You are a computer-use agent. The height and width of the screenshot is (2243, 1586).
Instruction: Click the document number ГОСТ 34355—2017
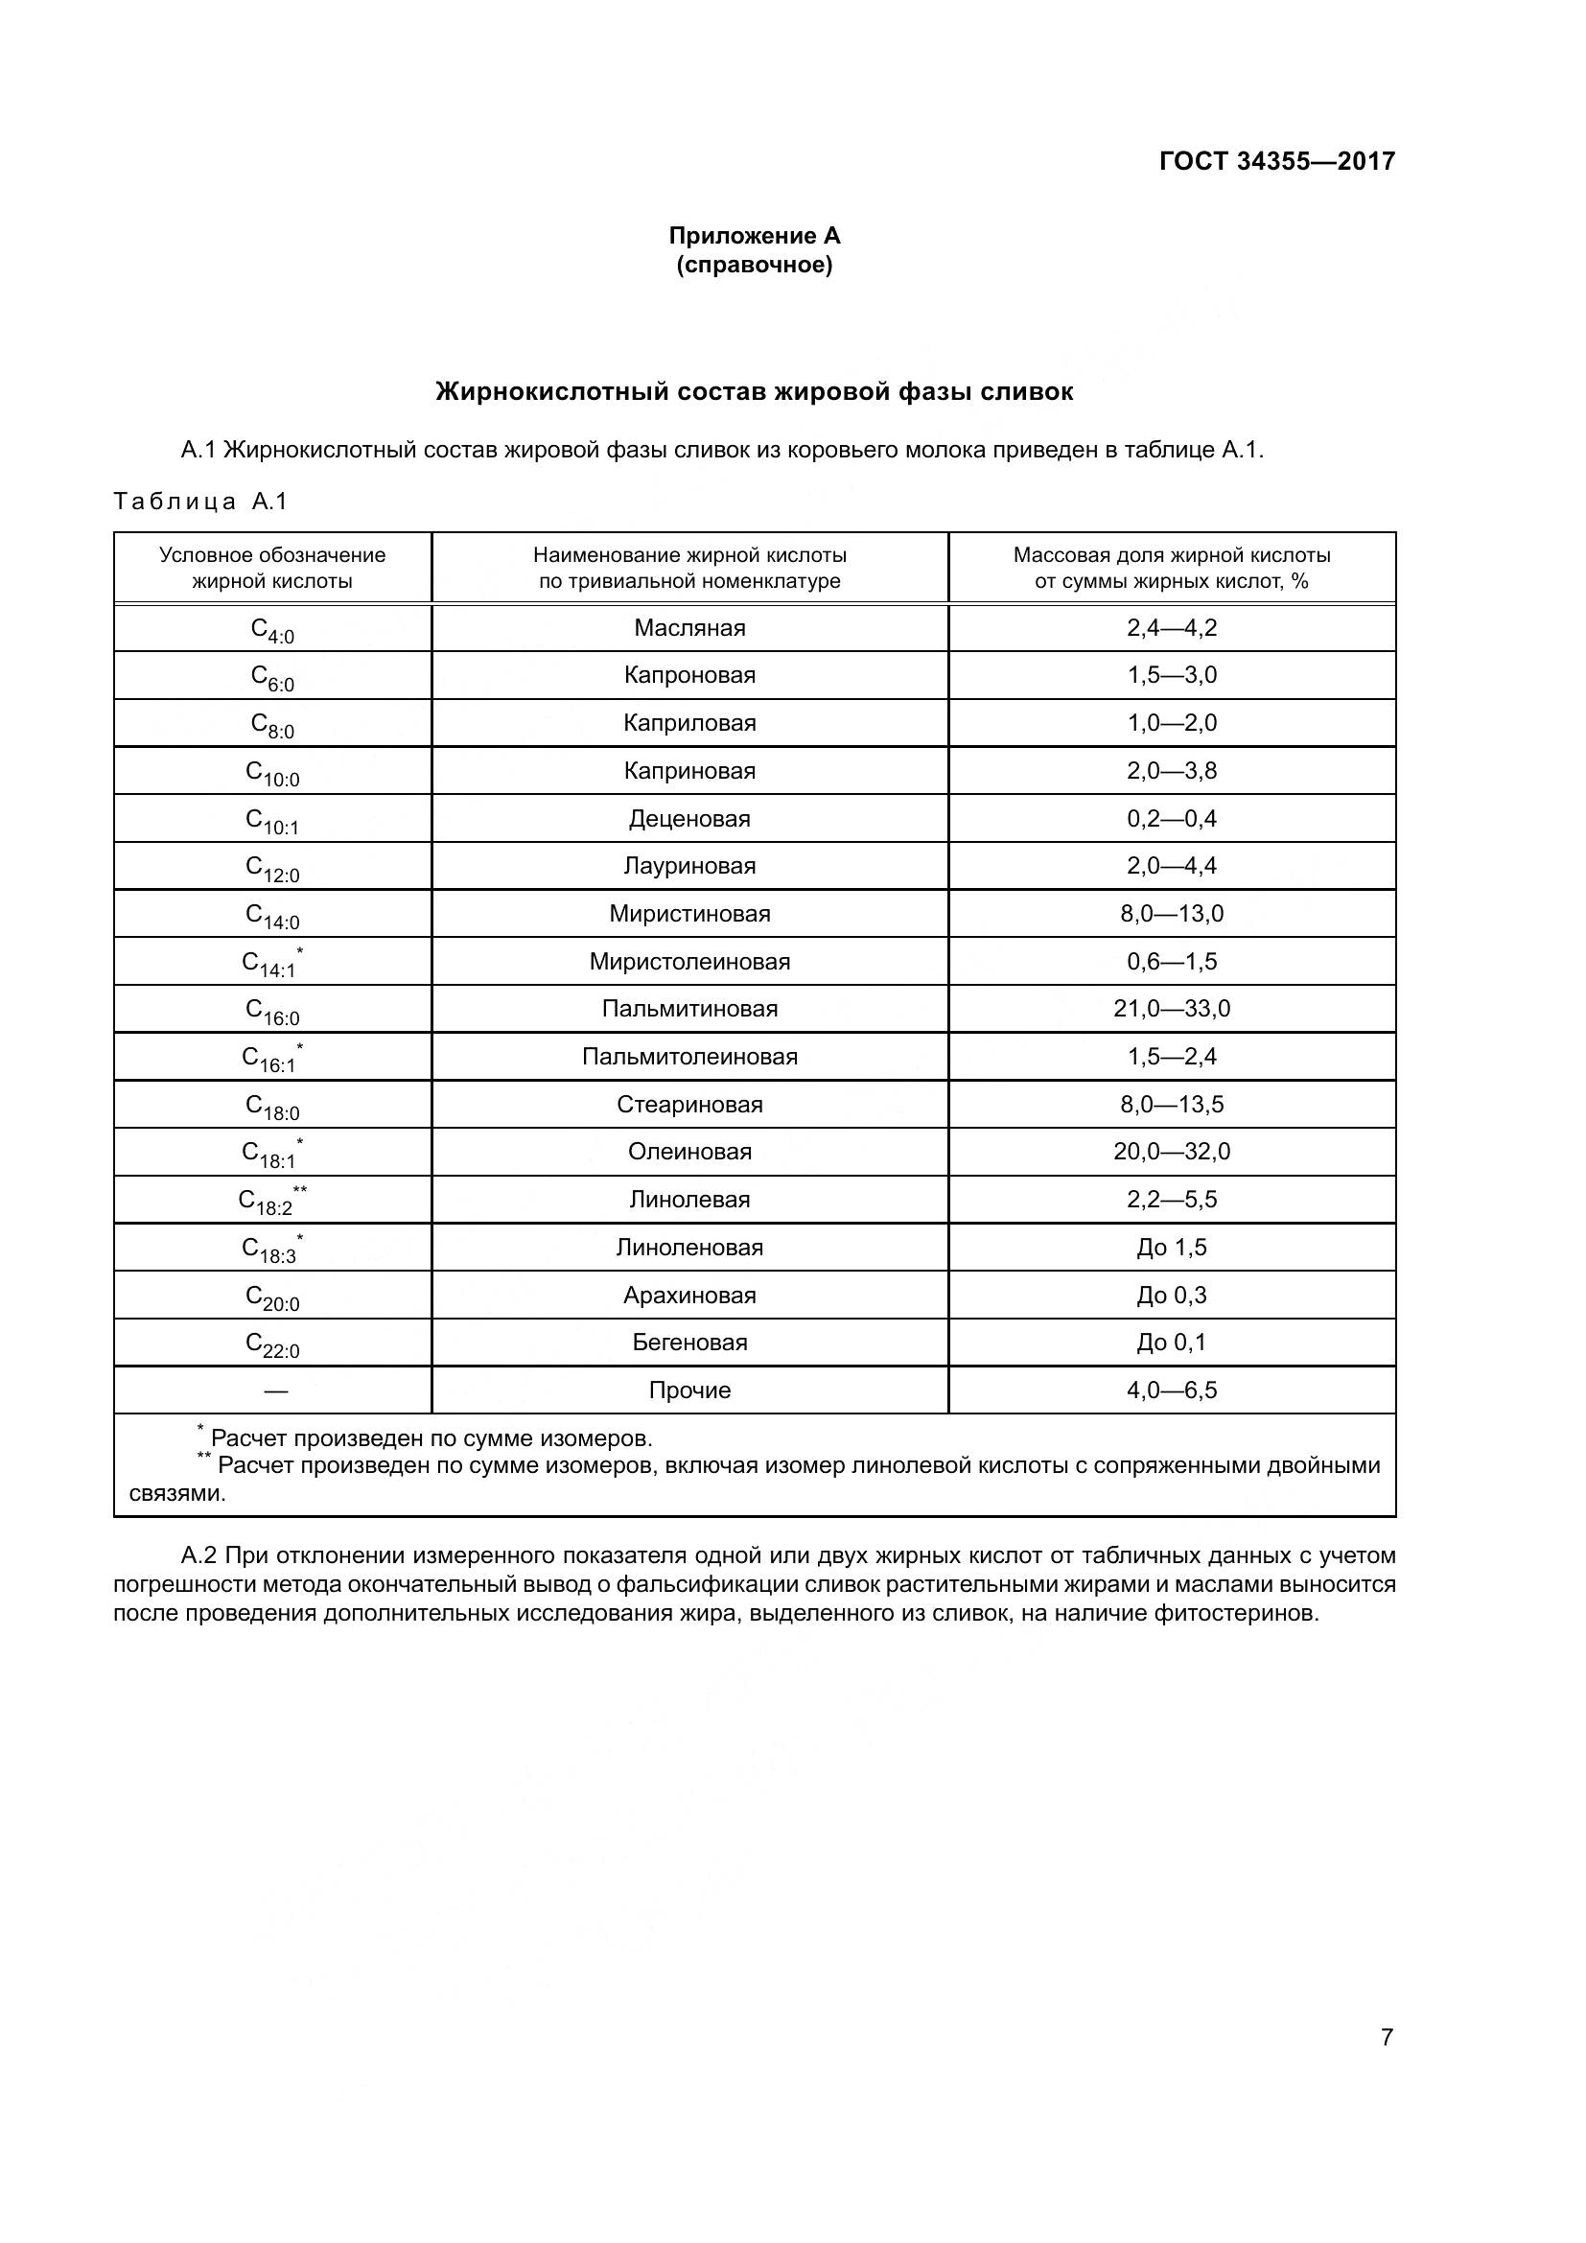pos(1276,161)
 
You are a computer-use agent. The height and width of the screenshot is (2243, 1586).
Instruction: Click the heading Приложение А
pos(754,236)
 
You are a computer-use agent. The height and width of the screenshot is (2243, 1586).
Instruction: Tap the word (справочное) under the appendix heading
pos(754,265)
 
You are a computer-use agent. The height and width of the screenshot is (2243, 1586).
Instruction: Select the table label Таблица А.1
pos(201,502)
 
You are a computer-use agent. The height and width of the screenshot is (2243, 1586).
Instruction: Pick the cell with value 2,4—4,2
pos(1171,628)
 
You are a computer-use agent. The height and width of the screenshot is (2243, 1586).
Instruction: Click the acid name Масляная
pos(689,628)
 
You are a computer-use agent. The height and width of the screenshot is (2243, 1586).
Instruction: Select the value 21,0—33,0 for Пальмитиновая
pos(1171,1009)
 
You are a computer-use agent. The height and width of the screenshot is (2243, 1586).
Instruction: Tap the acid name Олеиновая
pos(689,1152)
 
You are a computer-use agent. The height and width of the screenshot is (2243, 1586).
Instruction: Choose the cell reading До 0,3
pos(1171,1296)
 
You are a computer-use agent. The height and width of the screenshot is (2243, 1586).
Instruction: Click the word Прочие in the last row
pos(689,1390)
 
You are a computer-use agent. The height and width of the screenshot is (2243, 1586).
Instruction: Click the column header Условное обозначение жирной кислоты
pos(272,568)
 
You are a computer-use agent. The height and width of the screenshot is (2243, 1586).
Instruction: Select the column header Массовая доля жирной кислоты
pos(1171,568)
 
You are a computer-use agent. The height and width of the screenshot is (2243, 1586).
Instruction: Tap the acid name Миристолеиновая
pos(689,961)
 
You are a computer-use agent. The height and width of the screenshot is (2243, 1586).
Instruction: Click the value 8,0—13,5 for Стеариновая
pos(1171,1105)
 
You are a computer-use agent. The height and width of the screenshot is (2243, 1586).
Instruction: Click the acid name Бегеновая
pos(689,1343)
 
